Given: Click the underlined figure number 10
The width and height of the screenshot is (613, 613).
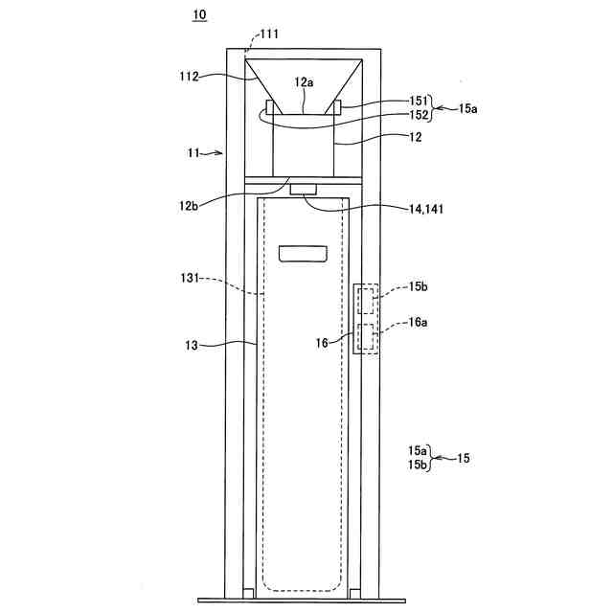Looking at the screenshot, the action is (199, 15).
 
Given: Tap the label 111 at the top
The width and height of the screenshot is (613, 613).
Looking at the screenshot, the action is (270, 34).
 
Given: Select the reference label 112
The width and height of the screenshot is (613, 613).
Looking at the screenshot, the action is (189, 77).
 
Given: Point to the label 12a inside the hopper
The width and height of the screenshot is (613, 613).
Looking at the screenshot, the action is (305, 82).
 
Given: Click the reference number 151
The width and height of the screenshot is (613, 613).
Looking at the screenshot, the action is (419, 101).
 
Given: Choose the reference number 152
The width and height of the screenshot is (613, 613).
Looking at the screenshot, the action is (419, 115).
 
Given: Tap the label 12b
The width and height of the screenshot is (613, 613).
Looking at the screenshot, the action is (189, 206).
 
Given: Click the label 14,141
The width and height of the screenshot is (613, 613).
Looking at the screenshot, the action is (426, 210).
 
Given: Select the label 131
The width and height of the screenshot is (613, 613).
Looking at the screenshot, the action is (190, 279).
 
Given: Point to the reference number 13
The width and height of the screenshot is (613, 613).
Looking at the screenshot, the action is (192, 346).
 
